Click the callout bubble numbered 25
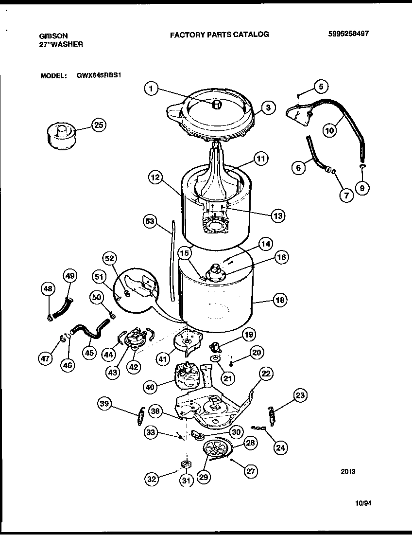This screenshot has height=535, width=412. (x=99, y=125)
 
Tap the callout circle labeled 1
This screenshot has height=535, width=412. (x=152, y=89)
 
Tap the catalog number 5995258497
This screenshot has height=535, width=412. (x=349, y=34)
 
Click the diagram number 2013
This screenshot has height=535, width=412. (x=348, y=471)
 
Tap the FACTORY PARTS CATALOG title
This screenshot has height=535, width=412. (x=219, y=35)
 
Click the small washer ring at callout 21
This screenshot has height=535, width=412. (x=214, y=359)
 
